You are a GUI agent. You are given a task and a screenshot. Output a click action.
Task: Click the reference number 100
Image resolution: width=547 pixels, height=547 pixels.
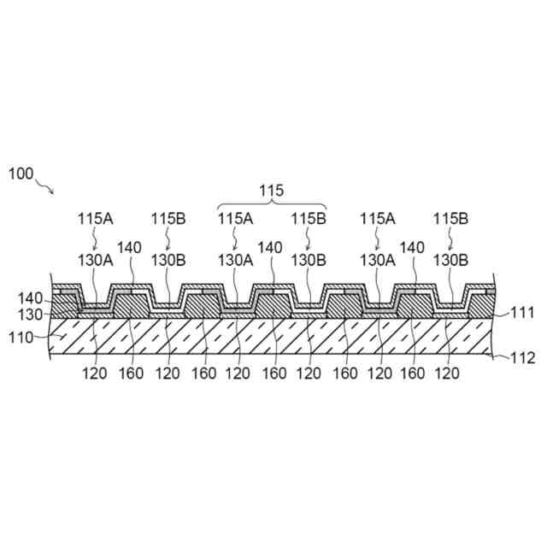21,174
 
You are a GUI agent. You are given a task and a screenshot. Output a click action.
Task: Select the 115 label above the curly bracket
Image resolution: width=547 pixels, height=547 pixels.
272,190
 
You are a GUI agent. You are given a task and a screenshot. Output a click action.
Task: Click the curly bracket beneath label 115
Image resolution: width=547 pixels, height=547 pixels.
272,205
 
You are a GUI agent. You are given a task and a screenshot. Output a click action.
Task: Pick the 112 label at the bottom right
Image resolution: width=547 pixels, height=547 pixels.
522,358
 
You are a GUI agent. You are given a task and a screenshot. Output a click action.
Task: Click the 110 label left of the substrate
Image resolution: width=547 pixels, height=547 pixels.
21,338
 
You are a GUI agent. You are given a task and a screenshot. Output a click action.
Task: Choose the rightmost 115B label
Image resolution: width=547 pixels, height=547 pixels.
450,219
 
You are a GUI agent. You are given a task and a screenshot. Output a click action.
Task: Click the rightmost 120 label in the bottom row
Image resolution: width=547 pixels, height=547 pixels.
448,373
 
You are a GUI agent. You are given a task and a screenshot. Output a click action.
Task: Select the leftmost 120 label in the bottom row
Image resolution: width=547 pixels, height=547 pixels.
97,373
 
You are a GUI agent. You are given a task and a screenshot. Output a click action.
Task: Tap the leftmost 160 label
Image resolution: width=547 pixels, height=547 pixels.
132,373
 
